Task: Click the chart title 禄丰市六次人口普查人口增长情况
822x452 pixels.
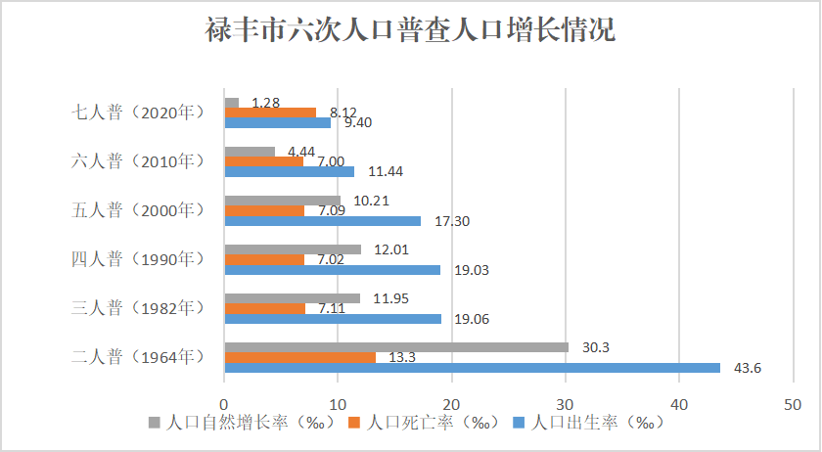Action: tap(410, 30)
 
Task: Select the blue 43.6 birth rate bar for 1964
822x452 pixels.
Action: tap(472, 368)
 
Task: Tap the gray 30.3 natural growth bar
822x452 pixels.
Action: tap(396, 347)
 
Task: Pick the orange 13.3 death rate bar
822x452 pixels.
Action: tap(299, 357)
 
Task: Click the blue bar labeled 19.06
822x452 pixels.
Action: tap(333, 319)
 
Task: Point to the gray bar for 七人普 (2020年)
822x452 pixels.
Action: tap(232, 103)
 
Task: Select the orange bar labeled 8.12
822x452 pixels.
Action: tap(270, 113)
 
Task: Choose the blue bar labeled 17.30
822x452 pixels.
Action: tap(323, 221)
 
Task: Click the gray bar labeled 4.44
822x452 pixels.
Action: tap(250, 152)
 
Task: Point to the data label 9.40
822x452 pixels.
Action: tap(358, 122)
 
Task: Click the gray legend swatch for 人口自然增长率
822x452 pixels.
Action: tap(154, 424)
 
